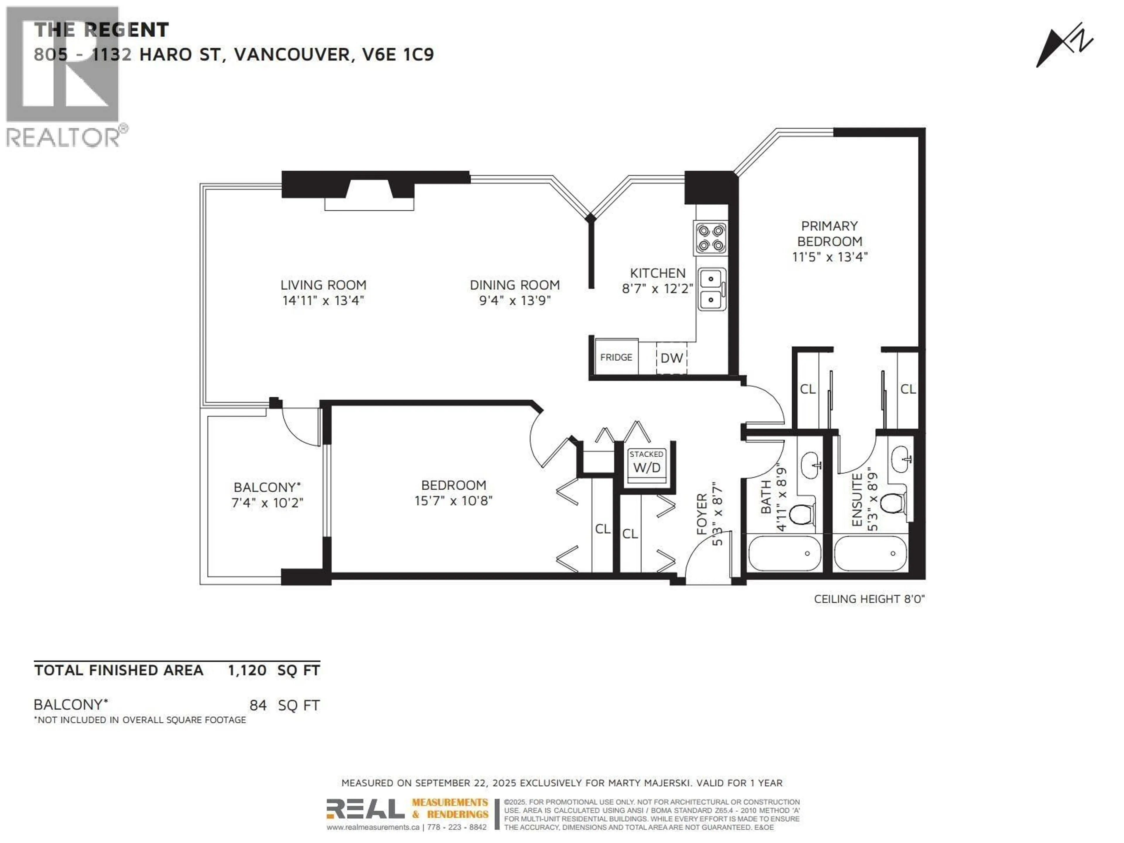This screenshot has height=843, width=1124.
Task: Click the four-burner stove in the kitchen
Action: [x=710, y=238]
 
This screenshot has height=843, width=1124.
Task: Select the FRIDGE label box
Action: [x=616, y=357]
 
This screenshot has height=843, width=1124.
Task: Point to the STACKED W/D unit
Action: [x=646, y=462]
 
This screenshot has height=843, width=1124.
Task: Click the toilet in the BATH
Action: [x=801, y=514]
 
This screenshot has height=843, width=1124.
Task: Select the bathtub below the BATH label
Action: [x=784, y=553]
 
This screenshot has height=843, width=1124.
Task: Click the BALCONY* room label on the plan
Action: [x=267, y=487]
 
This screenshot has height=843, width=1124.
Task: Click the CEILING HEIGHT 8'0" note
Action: [x=869, y=599]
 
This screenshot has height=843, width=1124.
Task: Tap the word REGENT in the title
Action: [x=126, y=30]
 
